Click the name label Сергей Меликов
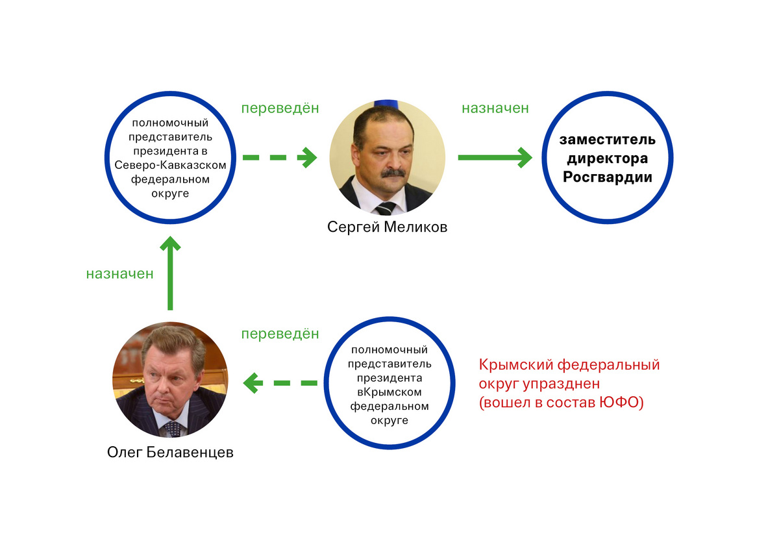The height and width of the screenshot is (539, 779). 387,227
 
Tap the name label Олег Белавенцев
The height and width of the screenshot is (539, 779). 170,453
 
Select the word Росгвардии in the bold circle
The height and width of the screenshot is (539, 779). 607,177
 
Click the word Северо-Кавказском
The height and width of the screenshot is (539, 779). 170,165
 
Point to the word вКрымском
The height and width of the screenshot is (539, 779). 389,392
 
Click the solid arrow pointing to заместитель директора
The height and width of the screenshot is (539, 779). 495,158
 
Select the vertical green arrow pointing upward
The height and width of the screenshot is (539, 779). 170,273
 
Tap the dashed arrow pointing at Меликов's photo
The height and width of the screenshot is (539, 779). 280,158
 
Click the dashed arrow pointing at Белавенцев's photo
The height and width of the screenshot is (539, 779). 280,383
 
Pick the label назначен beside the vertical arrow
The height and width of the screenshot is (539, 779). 119,274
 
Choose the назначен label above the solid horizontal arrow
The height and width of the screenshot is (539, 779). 495,108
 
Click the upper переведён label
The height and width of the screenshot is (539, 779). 280,108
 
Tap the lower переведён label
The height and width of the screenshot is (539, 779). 280,333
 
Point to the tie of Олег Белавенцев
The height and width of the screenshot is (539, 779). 173,429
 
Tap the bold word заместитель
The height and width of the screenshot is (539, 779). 607,140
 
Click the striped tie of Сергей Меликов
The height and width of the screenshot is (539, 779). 386,208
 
